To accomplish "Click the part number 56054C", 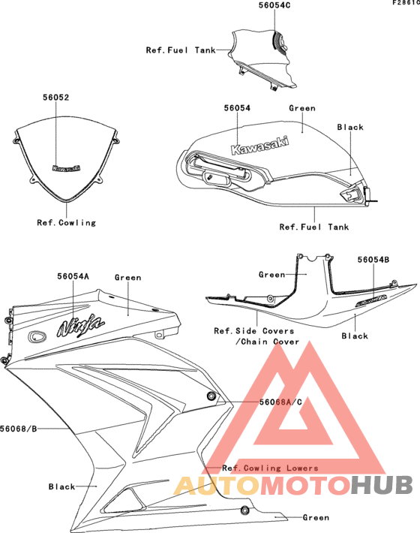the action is click(x=274, y=5).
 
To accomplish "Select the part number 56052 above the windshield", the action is click(x=55, y=98).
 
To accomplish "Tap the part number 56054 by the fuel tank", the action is click(x=237, y=108).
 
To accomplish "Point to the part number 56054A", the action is click(x=73, y=276).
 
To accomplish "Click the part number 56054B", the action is click(x=373, y=260).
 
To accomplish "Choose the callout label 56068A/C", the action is click(x=280, y=402).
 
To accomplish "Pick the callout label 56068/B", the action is click(x=18, y=429).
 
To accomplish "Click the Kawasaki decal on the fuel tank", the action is click(x=259, y=146).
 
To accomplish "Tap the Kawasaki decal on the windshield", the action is click(x=67, y=168).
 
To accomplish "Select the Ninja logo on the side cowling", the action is click(x=80, y=326).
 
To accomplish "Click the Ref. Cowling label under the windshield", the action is click(x=66, y=223).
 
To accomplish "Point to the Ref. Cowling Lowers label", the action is click(x=270, y=468).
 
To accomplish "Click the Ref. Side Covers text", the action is click(x=254, y=331).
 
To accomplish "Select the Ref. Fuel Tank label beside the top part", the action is click(x=181, y=50).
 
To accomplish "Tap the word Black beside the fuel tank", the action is click(x=350, y=127).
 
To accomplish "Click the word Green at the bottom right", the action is click(x=316, y=518).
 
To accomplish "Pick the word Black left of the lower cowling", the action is click(x=61, y=486).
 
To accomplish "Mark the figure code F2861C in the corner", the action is click(x=406, y=3).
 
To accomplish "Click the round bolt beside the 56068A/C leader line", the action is click(x=211, y=396).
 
